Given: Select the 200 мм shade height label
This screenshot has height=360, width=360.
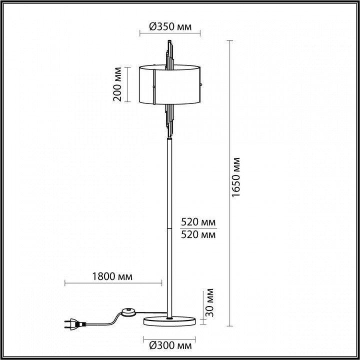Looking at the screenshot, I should click(x=117, y=83).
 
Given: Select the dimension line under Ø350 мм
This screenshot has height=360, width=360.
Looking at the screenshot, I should click(x=169, y=35).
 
